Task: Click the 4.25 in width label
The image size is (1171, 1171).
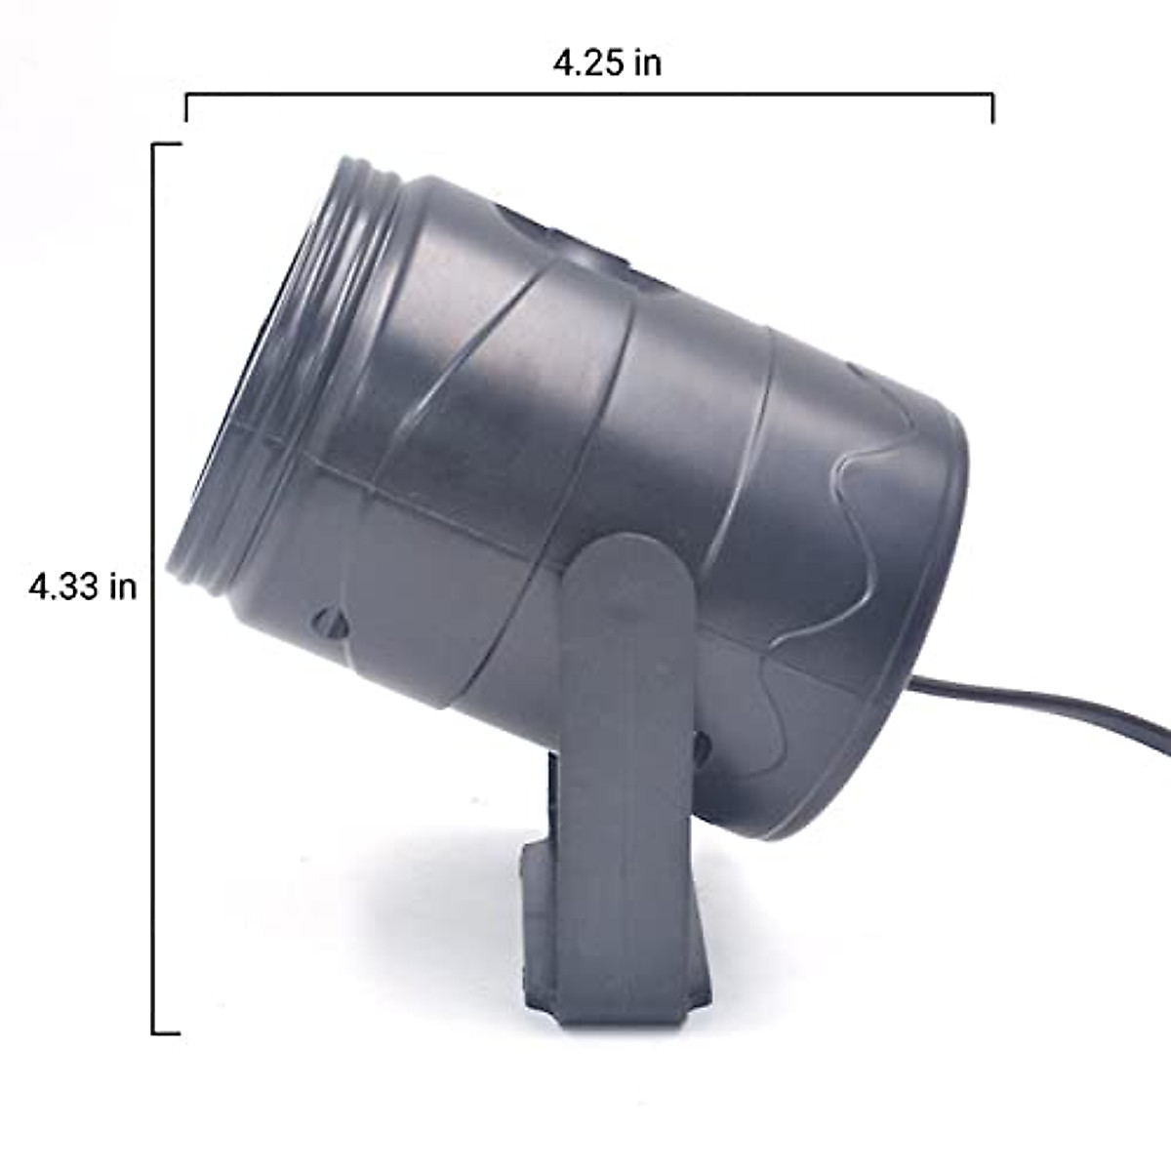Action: pyautogui.click(x=607, y=62)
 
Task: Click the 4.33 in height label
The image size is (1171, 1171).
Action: pyautogui.click(x=83, y=587)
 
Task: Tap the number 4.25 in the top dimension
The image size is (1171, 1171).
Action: pyautogui.click(x=587, y=62)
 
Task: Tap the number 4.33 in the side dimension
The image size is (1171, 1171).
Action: pyautogui.click(x=63, y=587)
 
